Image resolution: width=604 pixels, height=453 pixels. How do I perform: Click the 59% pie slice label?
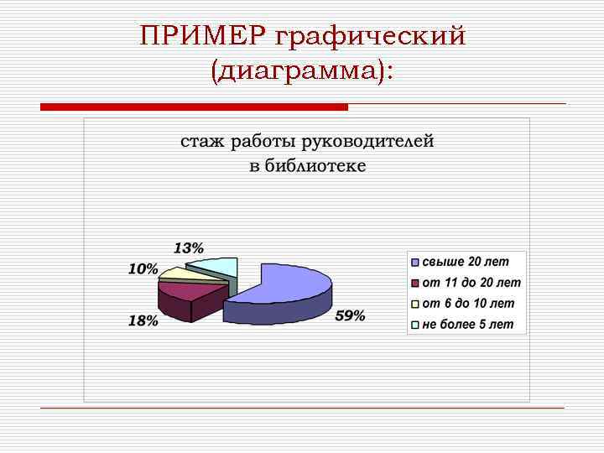350,315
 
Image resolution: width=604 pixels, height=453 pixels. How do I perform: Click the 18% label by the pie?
143,321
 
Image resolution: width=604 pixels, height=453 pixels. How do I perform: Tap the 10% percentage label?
143,268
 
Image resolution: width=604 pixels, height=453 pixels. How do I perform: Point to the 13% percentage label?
188,247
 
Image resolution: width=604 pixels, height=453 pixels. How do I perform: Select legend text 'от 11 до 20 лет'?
471,283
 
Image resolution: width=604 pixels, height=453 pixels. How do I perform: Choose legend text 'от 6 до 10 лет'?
468,303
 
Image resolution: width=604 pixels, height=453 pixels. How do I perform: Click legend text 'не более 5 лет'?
467,324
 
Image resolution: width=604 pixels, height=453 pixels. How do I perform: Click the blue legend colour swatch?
415,262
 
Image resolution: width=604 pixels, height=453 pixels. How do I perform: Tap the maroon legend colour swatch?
415,283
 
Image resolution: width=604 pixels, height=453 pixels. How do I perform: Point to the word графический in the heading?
370,37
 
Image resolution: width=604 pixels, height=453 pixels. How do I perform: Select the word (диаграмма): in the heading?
302,72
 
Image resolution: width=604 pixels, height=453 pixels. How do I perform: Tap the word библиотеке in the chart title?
315,165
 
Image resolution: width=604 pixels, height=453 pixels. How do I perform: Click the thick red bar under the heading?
194,107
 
